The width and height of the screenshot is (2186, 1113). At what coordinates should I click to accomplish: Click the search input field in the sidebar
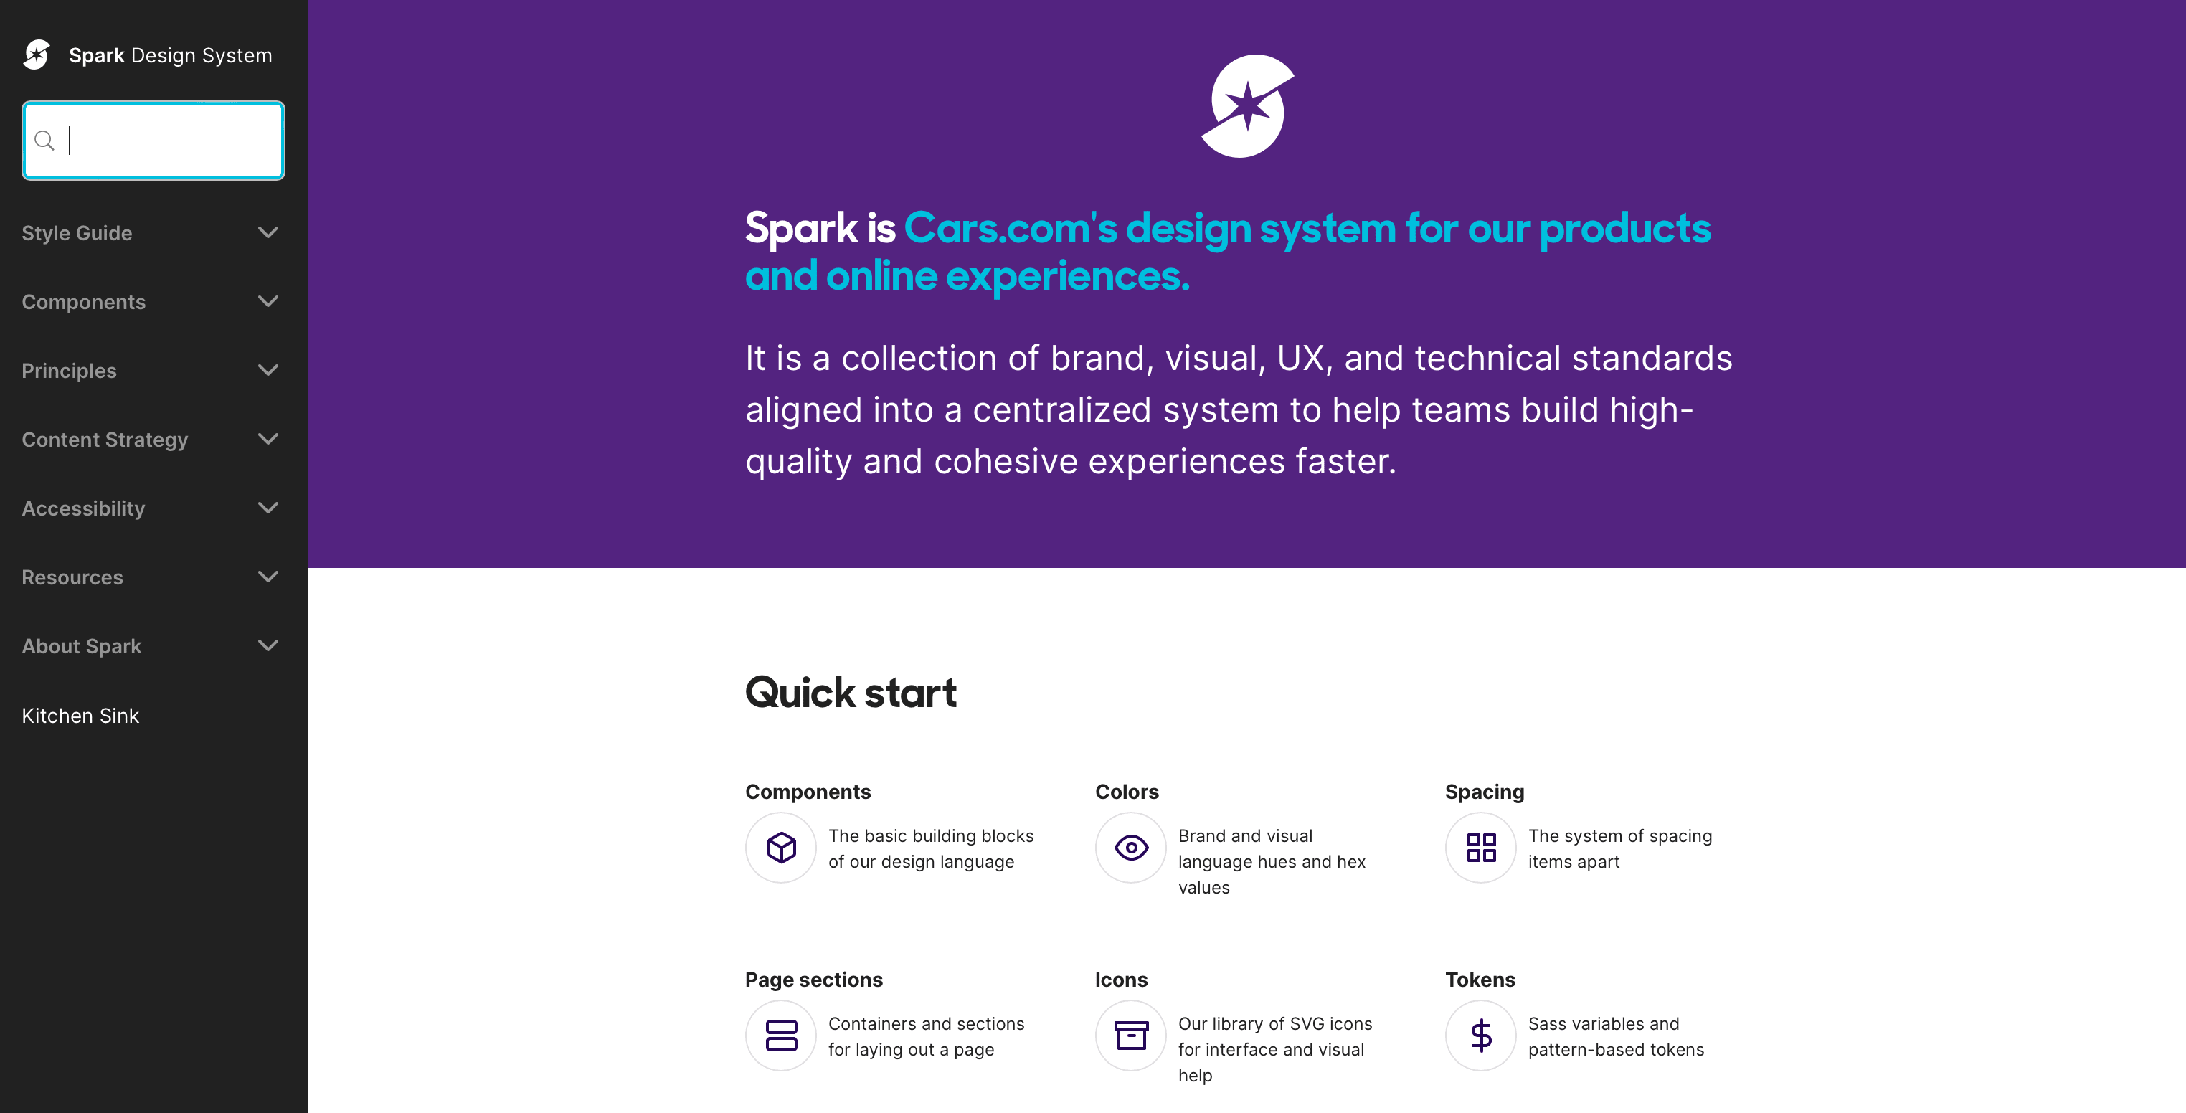[153, 140]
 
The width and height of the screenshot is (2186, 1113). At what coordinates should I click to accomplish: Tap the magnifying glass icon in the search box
[44, 140]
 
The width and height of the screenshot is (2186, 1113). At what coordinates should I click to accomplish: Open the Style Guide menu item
[77, 233]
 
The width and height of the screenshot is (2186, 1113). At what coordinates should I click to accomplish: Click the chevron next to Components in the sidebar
[268, 301]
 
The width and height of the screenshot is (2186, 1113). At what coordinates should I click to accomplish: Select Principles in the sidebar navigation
[70, 371]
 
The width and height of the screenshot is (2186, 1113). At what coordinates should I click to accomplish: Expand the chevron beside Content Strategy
[268, 439]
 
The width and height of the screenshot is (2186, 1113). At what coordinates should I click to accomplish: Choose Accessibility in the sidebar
[83, 508]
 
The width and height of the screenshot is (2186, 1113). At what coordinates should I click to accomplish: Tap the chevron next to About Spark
[268, 645]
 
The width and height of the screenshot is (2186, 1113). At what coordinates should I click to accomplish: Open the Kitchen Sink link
[80, 715]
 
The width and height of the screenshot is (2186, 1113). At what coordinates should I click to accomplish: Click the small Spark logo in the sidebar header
[37, 55]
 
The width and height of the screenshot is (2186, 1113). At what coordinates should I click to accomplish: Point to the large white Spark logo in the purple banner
[1247, 106]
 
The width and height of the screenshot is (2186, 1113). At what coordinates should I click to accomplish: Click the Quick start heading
[851, 692]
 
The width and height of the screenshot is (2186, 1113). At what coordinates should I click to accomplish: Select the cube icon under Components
[782, 848]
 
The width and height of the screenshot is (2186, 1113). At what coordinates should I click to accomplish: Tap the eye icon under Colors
[1131, 848]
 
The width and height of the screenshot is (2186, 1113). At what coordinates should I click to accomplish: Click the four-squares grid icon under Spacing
[1482, 848]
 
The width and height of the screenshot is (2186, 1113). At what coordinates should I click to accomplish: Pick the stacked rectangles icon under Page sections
[782, 1036]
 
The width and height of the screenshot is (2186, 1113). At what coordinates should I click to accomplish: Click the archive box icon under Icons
[1131, 1036]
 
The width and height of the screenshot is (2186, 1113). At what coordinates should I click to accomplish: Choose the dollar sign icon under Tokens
[1482, 1036]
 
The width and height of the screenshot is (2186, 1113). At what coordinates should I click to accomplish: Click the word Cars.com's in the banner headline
[1011, 228]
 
